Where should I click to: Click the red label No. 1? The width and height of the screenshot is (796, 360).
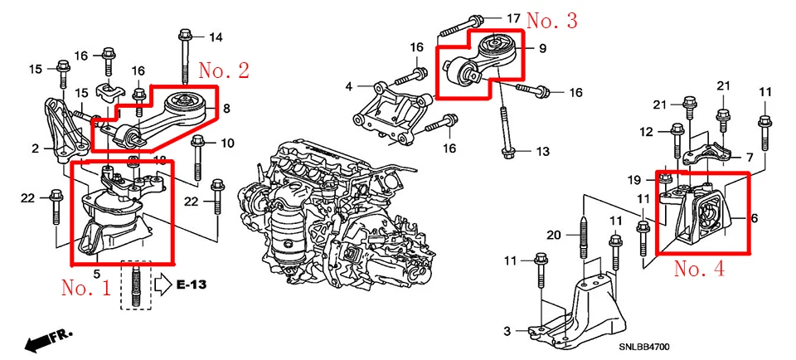85,287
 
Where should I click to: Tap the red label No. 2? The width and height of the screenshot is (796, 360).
224,70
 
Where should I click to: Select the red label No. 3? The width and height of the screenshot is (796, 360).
552,20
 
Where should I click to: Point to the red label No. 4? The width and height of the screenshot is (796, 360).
699,268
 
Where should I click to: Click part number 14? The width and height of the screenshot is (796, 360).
216,36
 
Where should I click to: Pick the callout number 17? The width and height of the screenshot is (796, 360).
513,19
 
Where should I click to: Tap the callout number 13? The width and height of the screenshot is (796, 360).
542,151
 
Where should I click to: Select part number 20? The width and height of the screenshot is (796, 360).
555,235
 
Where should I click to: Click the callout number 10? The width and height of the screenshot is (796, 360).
227,144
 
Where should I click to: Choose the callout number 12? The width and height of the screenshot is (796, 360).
646,133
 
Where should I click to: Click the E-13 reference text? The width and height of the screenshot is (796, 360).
192,285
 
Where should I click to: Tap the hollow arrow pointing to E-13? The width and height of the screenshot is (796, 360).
163,285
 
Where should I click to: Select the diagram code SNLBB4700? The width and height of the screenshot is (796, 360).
643,348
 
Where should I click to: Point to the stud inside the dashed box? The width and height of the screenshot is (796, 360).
136,286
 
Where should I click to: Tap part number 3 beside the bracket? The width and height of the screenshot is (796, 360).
507,332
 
